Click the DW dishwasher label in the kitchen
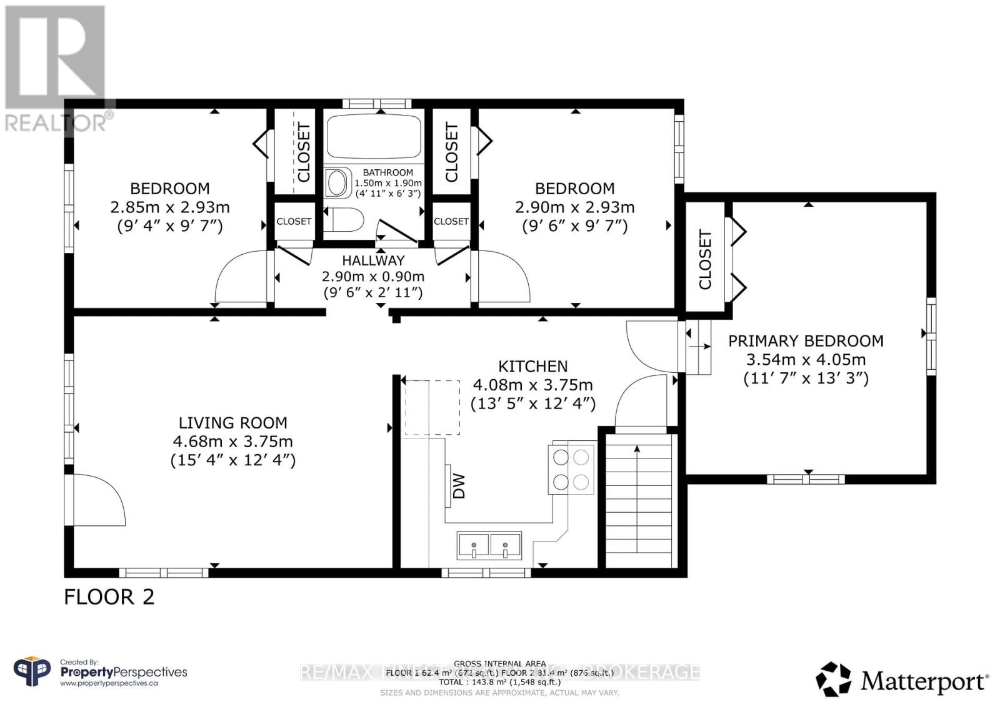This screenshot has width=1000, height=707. click(459, 485)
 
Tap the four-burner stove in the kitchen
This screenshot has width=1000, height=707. click(571, 468)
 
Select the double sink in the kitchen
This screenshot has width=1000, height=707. click(489, 545)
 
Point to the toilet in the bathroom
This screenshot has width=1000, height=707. click(347, 220)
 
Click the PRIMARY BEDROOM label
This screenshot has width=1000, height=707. click(806, 341)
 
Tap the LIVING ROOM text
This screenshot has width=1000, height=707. click(232, 423)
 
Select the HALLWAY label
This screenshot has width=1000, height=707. click(373, 260)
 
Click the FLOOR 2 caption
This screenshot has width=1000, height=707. click(109, 596)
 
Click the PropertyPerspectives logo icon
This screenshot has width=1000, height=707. click(32, 672)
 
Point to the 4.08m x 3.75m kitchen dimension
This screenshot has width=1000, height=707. click(532, 385)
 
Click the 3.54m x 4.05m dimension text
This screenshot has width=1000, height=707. click(806, 360)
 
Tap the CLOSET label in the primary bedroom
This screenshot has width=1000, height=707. click(705, 260)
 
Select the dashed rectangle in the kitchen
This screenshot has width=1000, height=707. click(432, 407)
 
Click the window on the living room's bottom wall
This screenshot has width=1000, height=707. click(164, 572)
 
